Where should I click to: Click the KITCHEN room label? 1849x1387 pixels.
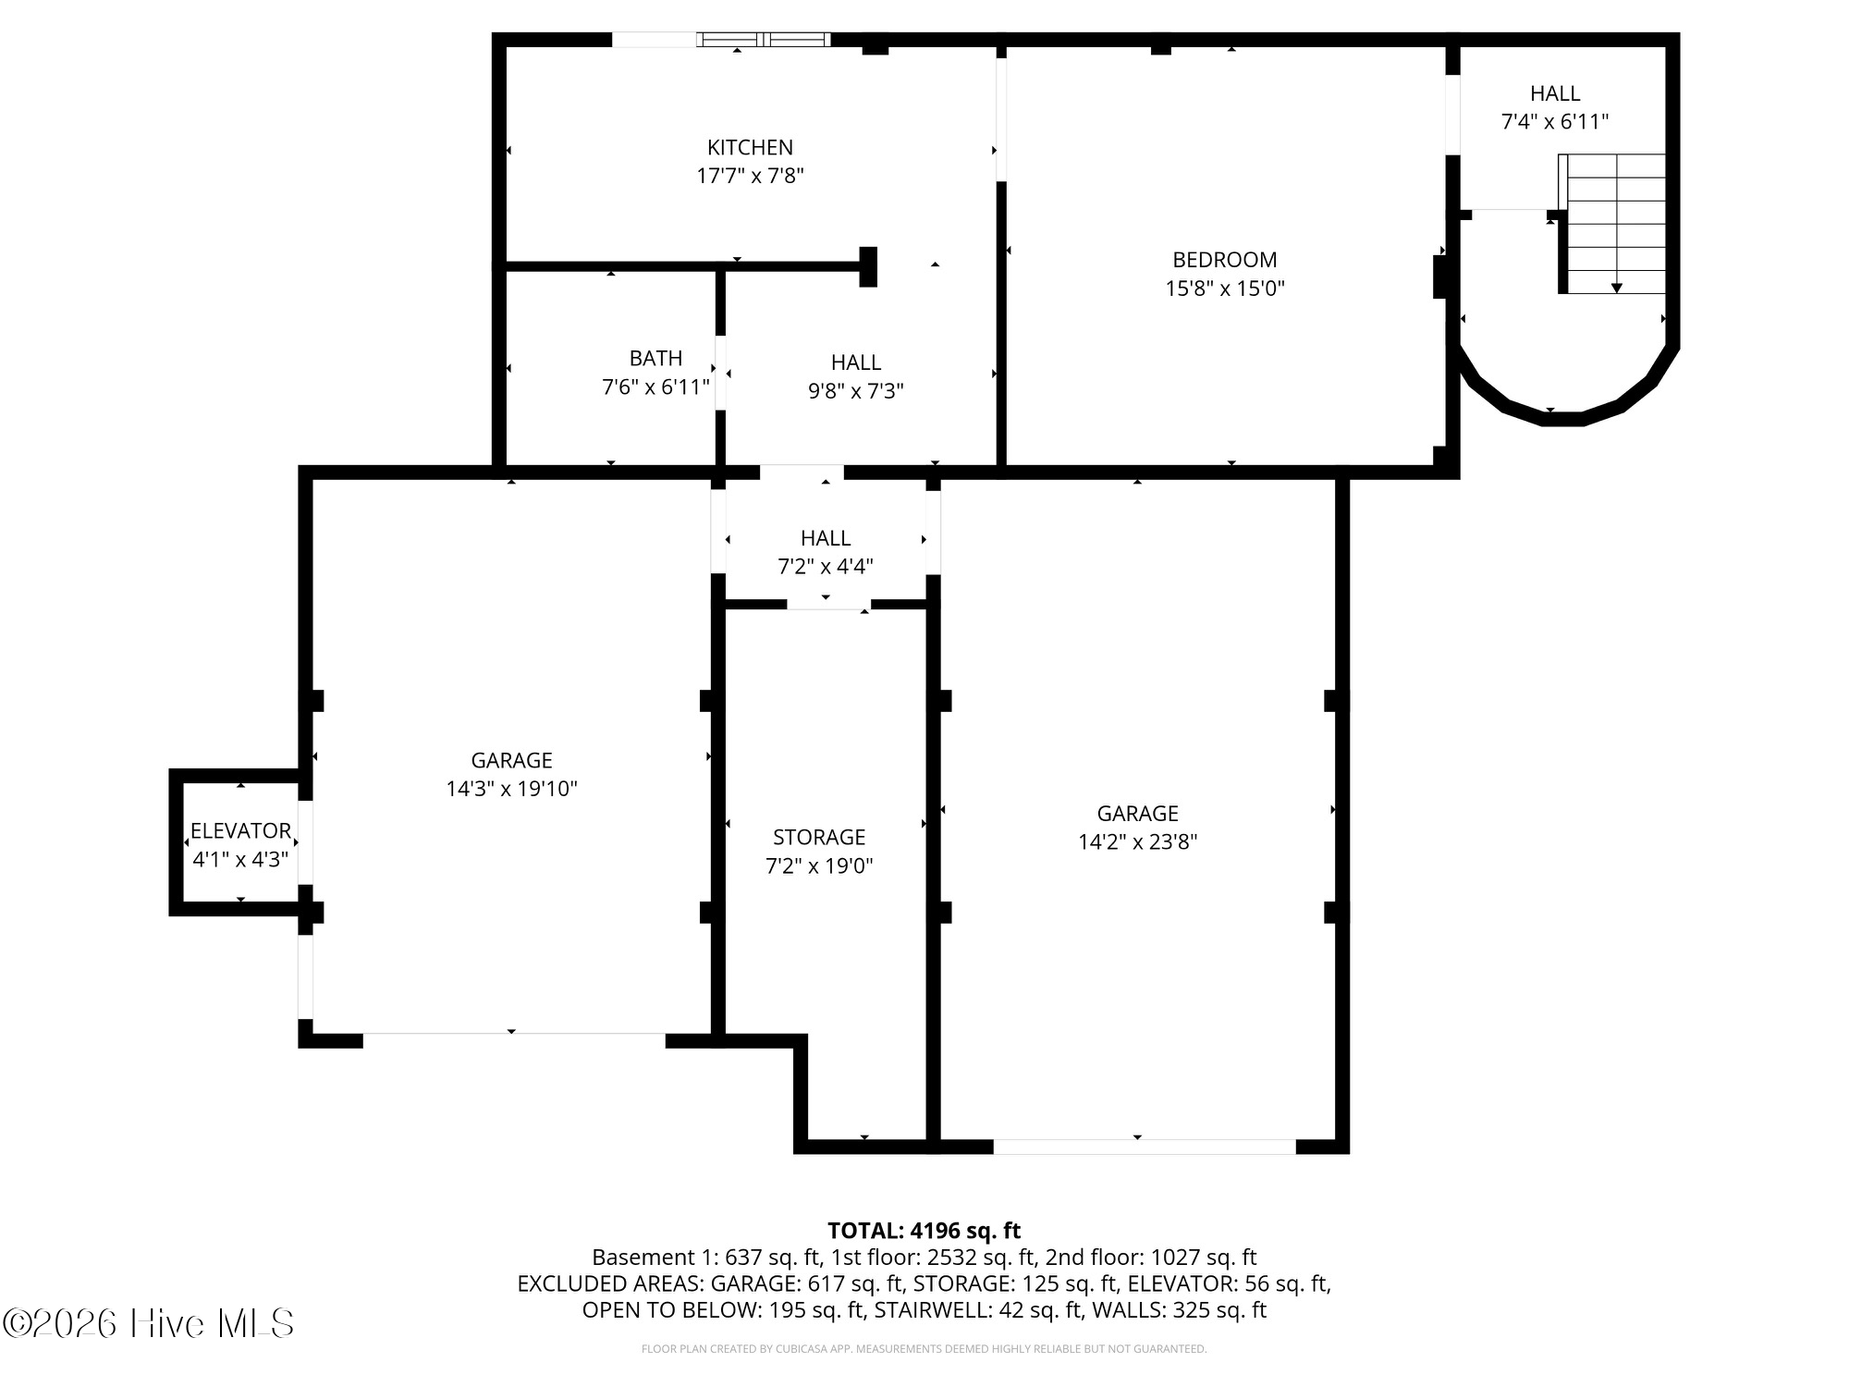tap(750, 148)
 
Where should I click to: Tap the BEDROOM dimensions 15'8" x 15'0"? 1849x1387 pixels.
tap(1224, 288)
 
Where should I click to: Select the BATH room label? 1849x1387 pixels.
tap(655, 359)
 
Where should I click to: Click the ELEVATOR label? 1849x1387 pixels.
tap(240, 830)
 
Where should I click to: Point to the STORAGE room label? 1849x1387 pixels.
tap(819, 838)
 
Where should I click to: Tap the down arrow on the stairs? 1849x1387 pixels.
tap(1616, 288)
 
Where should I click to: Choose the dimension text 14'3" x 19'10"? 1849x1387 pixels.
tap(511, 789)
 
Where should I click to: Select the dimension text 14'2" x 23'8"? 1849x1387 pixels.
tap(1137, 842)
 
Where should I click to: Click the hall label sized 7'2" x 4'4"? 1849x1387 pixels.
tap(826, 539)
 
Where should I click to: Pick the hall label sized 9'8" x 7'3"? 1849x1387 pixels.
tap(855, 363)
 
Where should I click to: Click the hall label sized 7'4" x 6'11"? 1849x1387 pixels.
tap(1555, 94)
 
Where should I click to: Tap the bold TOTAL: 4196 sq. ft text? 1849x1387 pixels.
tap(924, 1231)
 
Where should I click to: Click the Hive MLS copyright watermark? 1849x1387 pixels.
tap(148, 1323)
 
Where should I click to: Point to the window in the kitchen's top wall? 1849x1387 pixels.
tap(764, 40)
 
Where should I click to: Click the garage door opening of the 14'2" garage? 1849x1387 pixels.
tap(1145, 1147)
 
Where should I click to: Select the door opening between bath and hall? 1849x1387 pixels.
tap(720, 373)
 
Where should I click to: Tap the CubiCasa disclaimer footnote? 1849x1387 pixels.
tap(924, 1349)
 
